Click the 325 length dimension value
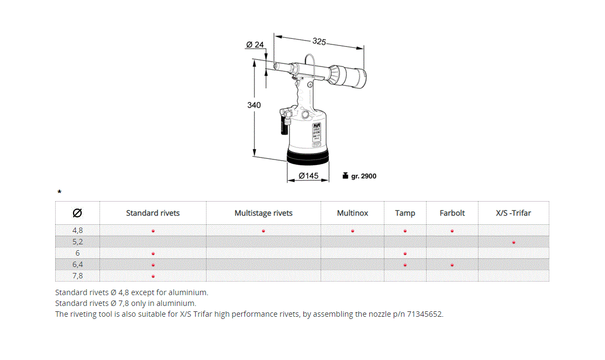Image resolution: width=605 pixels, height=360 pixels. pos(319,41)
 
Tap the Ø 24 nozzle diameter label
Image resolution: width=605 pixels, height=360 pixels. pos(255,44)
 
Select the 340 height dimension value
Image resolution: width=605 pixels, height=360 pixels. pos(254,105)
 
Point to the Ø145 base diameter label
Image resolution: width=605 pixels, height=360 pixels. pos(308,176)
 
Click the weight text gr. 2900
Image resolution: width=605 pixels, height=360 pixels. pos(364,176)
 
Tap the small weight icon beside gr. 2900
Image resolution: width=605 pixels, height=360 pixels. pos(345,176)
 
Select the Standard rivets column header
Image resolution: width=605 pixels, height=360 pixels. pos(153,213)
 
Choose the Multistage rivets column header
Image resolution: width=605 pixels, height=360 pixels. pos(263,213)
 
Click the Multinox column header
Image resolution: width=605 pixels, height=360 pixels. pos(353,213)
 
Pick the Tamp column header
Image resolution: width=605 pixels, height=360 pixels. pos(405,213)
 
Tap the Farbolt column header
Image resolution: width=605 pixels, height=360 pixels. pos(452,213)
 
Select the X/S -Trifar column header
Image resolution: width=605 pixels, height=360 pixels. pos(513,213)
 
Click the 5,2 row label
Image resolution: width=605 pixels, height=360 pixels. pos(78,242)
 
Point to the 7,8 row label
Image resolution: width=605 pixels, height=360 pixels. pos(78,276)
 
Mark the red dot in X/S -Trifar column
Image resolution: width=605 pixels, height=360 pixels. pos(514,242)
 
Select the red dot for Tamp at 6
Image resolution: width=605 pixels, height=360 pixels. pos(405,254)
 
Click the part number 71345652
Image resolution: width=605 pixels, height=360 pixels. pos(426,314)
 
